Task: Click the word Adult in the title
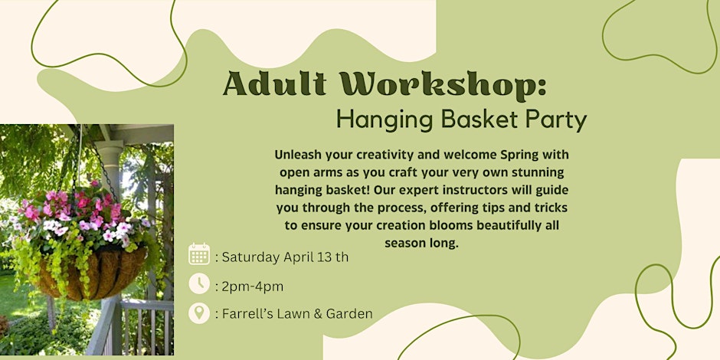274,84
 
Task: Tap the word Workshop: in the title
441,84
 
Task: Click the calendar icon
199,254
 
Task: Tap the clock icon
199,283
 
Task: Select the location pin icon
199,313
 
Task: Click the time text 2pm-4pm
253,287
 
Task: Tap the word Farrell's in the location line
244,314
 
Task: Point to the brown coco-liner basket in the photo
92,274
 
